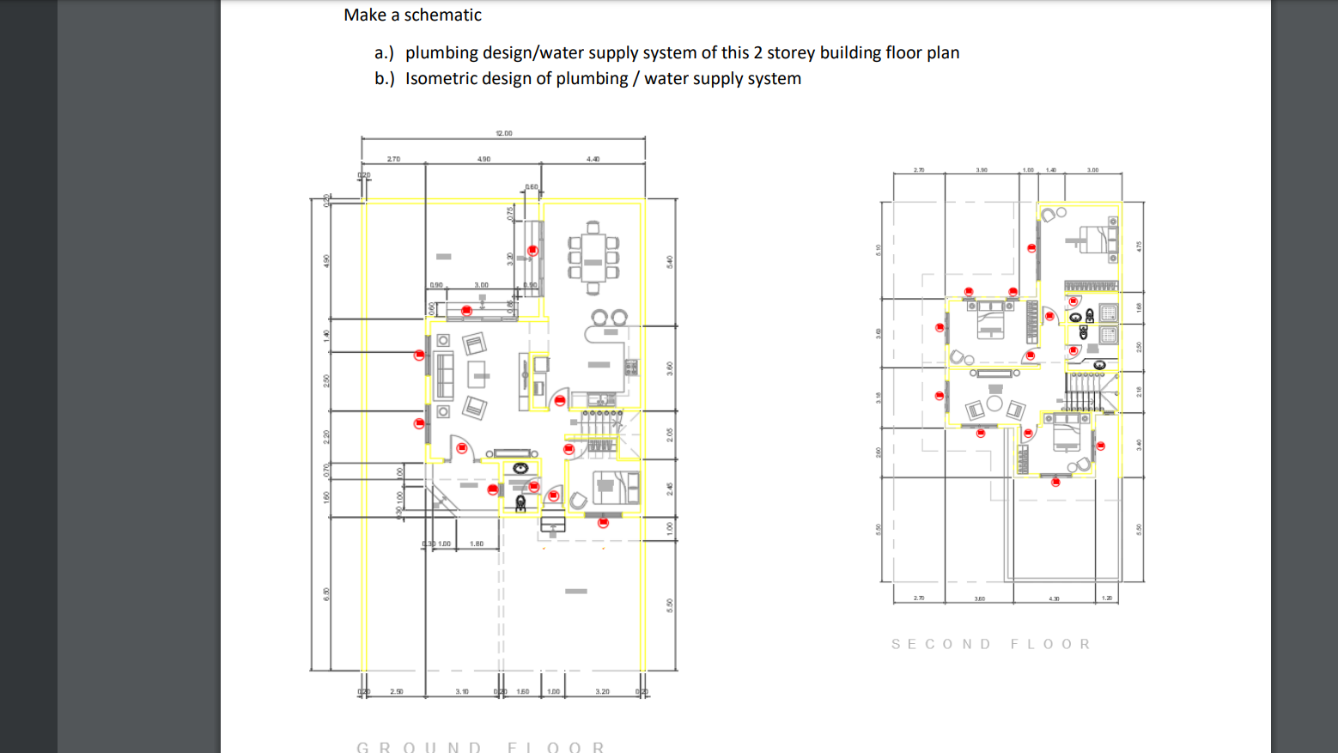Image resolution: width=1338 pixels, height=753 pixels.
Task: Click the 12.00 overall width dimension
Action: point(504,133)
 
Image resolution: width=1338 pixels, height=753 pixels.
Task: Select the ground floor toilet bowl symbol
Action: point(520,503)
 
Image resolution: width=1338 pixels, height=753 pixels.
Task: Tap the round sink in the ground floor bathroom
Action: point(520,468)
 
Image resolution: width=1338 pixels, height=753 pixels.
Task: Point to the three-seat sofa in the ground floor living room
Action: point(444,375)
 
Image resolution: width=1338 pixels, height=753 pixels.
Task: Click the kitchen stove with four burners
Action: point(631,367)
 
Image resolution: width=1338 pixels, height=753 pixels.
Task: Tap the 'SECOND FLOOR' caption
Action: point(991,644)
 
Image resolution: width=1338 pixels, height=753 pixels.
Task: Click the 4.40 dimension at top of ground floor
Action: point(593,159)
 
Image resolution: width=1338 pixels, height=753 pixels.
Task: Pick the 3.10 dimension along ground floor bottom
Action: point(462,691)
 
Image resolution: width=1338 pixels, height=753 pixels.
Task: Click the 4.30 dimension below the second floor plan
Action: point(1054,598)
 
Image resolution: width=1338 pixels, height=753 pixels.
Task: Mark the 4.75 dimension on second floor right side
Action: point(1139,246)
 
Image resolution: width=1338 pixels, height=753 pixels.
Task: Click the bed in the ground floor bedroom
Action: point(615,488)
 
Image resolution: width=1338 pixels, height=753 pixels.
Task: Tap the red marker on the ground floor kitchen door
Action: point(560,400)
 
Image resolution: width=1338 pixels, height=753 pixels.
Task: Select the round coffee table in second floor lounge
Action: point(994,403)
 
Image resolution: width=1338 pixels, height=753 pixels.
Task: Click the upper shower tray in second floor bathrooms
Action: point(1109,313)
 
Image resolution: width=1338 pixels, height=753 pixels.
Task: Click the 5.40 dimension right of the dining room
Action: point(670,261)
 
